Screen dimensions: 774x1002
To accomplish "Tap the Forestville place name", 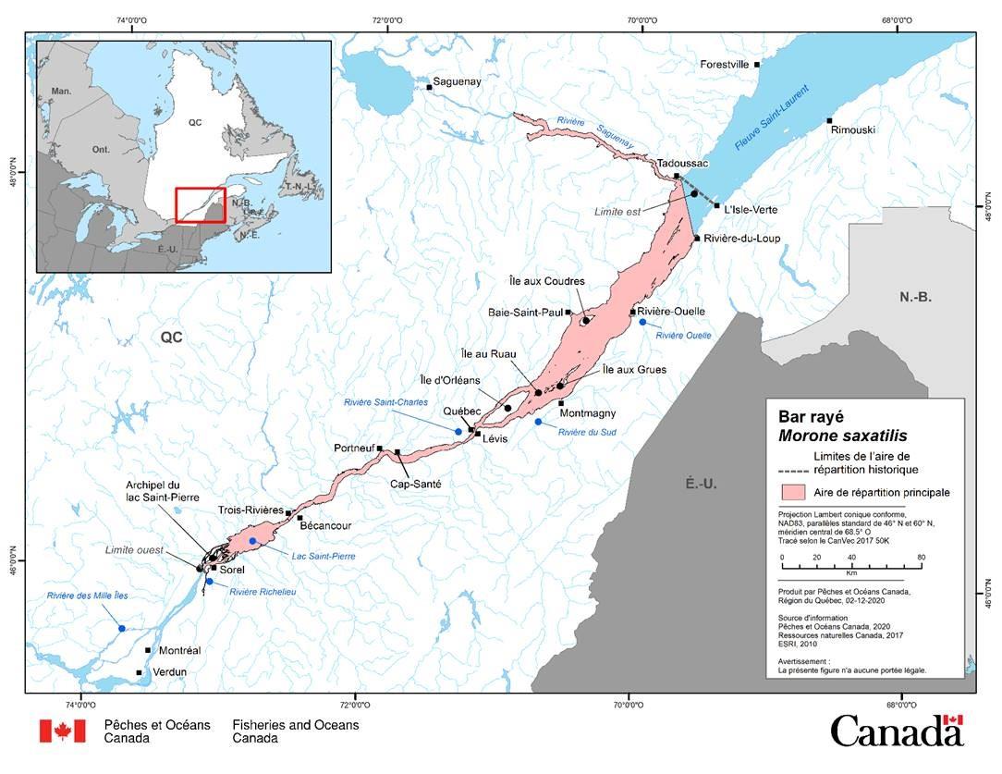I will click(727, 65).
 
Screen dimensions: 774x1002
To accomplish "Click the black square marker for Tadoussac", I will click(677, 176).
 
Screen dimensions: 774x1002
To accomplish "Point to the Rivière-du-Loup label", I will click(741, 239).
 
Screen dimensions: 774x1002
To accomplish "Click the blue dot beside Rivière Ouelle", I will click(642, 322).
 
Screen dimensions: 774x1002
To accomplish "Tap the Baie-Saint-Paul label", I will click(525, 313).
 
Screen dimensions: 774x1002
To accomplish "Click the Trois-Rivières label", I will click(250, 510).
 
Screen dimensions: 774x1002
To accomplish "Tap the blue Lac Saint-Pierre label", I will click(324, 557).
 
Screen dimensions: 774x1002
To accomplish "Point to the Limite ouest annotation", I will click(133, 550).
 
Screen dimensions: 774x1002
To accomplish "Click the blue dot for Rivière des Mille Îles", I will click(122, 628).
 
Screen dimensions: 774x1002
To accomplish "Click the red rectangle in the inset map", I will click(201, 205).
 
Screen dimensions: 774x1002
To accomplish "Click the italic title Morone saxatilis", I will click(842, 436).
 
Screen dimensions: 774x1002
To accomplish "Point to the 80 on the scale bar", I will click(922, 558).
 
